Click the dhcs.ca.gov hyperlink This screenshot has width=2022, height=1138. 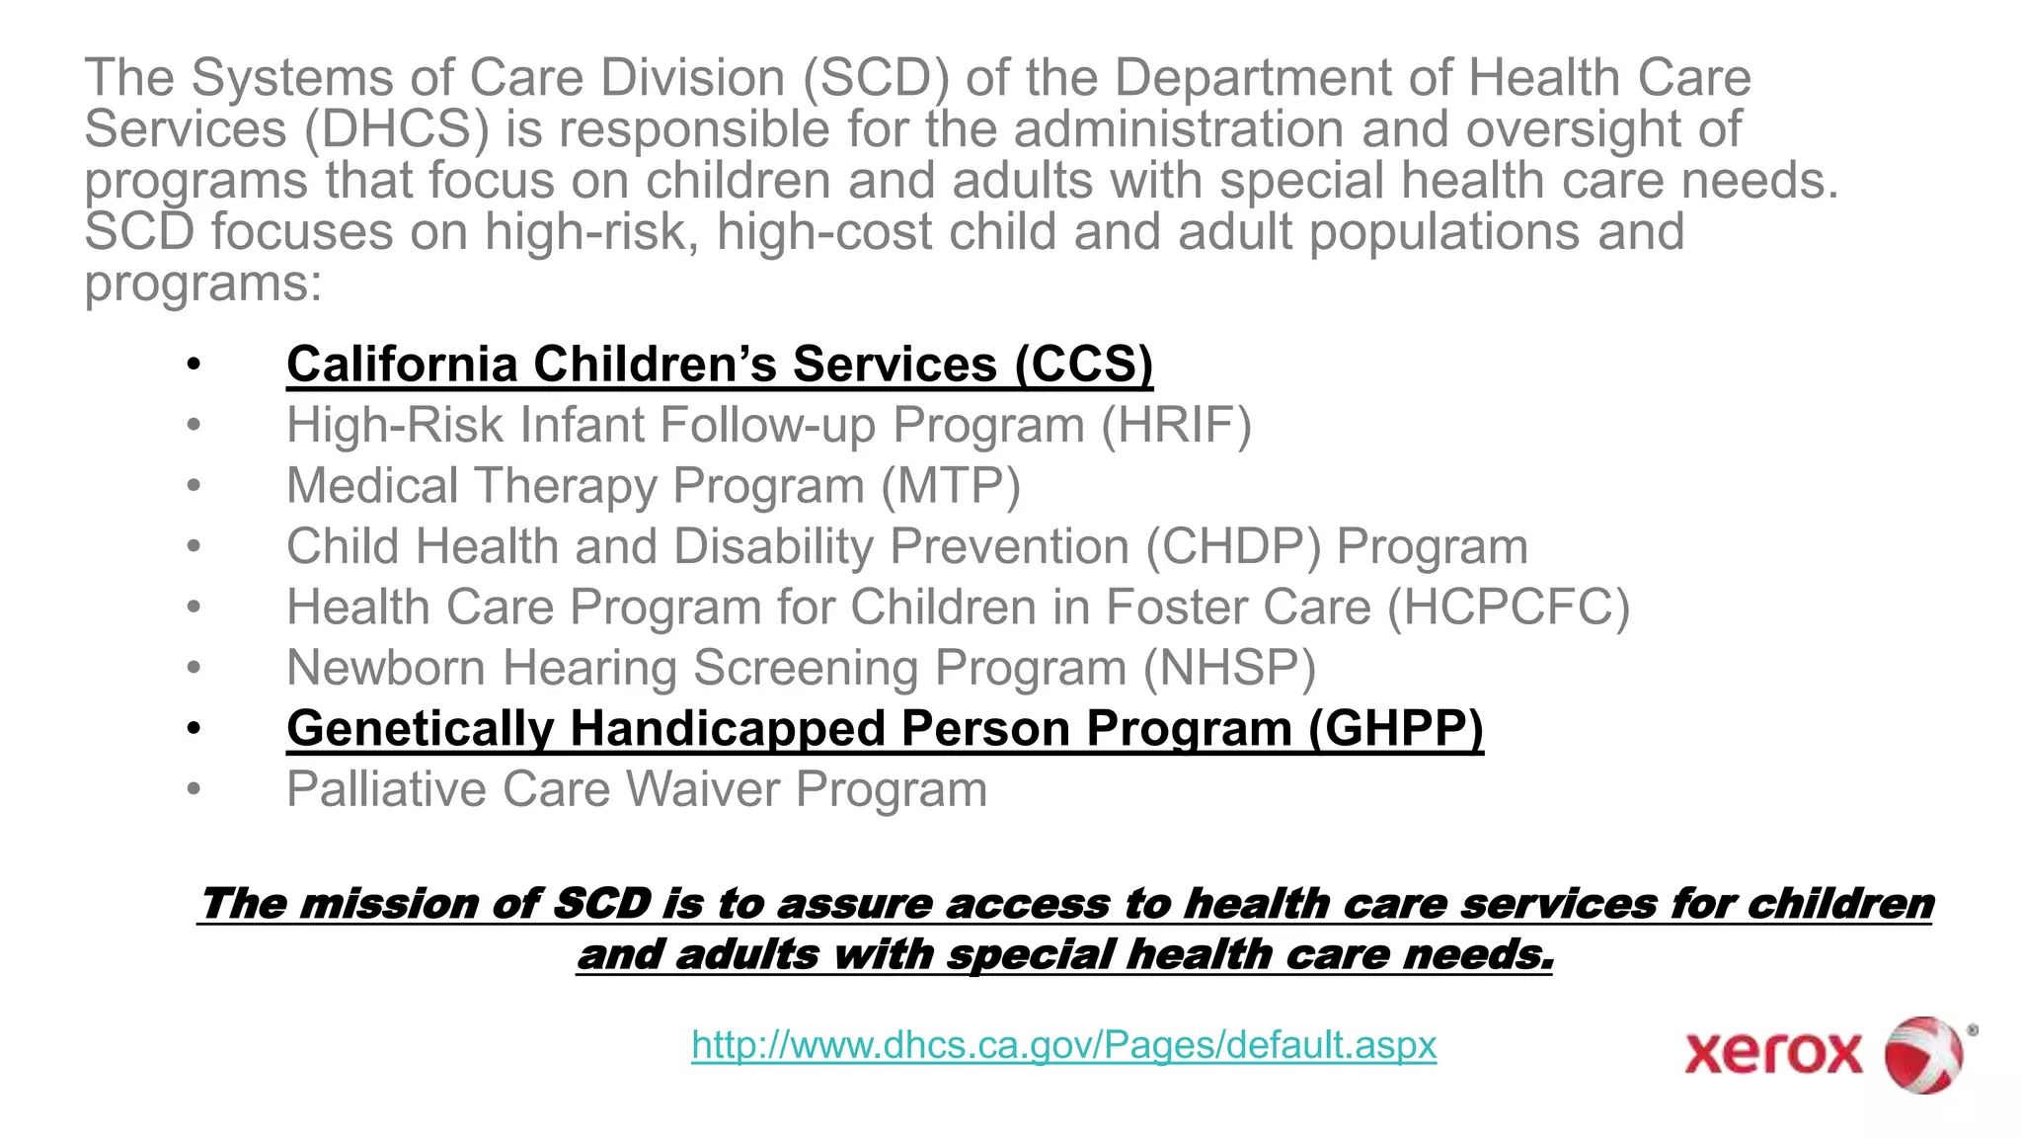(x=1063, y=1044)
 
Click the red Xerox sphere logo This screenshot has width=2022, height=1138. (x=1923, y=1054)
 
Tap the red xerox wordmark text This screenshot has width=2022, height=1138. (x=1773, y=1054)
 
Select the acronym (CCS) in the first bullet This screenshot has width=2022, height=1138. (x=1083, y=365)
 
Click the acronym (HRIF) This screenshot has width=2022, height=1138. (x=1176, y=426)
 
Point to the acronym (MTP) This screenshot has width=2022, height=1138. (x=951, y=486)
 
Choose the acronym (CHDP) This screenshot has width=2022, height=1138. (x=1232, y=546)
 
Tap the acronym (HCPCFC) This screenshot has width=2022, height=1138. (x=1508, y=607)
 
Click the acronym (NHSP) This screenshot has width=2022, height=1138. (x=1229, y=668)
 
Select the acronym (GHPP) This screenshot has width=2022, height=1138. (x=1395, y=729)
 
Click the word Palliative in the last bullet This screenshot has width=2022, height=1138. (x=386, y=789)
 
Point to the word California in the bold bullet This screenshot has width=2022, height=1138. (x=402, y=365)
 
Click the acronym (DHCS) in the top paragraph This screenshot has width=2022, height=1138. (x=396, y=129)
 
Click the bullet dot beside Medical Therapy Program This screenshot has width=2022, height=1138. (x=194, y=486)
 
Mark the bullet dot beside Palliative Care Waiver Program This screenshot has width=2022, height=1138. (x=194, y=789)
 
